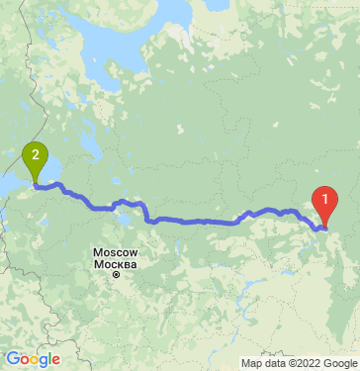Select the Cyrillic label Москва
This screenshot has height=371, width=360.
(115, 263)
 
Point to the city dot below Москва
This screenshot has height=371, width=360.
(115, 274)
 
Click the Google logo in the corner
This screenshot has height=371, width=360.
(33, 359)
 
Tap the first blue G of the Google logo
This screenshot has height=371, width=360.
(13, 359)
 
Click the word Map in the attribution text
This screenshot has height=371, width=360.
(251, 363)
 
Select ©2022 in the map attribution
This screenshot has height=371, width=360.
(300, 363)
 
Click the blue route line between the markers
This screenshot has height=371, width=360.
(198, 221)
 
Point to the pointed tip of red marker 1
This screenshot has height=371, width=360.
(323, 229)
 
